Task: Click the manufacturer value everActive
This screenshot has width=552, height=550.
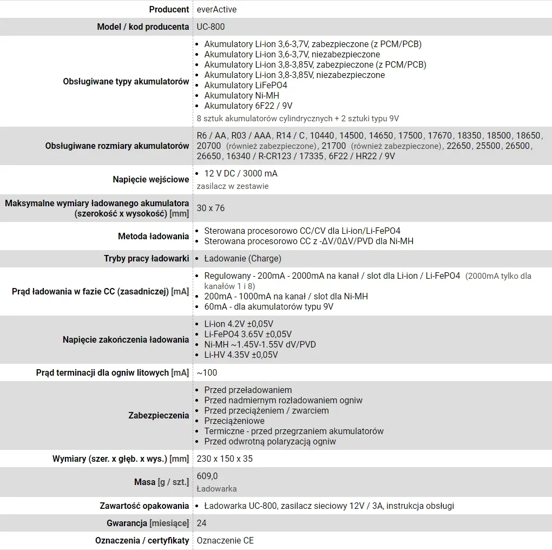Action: pos(216,9)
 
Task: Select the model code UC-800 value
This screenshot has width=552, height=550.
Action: pos(211,27)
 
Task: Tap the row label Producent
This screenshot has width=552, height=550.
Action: pos(169,9)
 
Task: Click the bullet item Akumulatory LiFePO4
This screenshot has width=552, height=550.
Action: pos(245,85)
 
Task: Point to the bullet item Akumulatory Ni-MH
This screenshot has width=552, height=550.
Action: pos(241,95)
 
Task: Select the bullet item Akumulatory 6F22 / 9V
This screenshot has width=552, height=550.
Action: pos(248,106)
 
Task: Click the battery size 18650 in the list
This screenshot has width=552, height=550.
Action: pos(528,135)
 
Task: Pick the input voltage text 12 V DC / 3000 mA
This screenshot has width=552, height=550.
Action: pos(241,174)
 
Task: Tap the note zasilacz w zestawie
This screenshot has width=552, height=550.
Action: pos(233,186)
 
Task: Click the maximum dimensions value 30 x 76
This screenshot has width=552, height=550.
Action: pos(211,208)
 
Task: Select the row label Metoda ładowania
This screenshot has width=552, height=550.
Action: pos(153,236)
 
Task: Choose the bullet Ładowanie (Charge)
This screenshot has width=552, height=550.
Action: pos(242,258)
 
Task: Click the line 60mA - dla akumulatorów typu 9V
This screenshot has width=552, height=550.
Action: pos(268,306)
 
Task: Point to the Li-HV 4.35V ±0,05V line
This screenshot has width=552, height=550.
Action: pos(241,355)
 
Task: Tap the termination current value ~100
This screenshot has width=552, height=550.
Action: pos(207,372)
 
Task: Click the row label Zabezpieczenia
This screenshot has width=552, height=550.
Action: pos(159,415)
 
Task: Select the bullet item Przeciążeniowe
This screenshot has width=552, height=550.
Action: pos(234,421)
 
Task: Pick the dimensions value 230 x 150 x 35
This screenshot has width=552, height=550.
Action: pos(225,459)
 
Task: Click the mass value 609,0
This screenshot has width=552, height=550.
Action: pos(207,476)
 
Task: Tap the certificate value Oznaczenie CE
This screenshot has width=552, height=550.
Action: pos(225,540)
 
